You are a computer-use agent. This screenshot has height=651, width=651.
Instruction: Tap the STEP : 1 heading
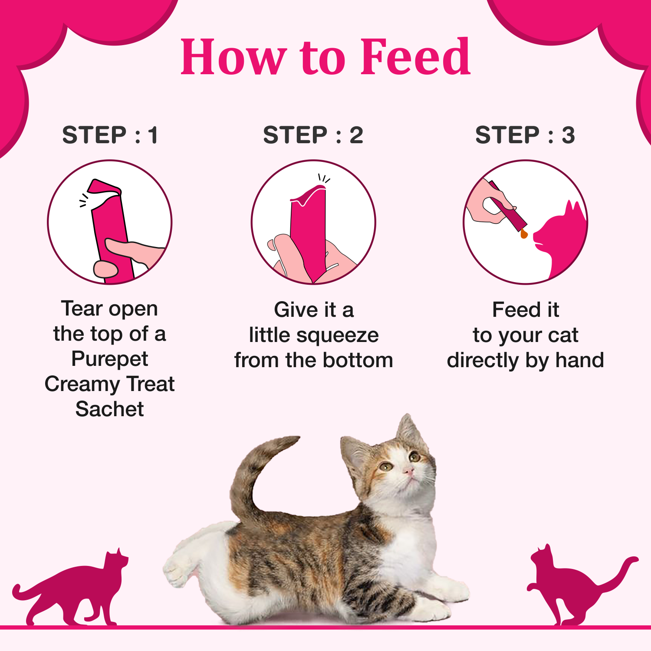110,135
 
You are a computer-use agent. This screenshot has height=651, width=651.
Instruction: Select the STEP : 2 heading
313,135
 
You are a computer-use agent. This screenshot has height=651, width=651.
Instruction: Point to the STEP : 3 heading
525,135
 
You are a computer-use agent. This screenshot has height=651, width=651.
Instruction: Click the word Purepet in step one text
110,359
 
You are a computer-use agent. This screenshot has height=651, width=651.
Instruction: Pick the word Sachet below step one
110,409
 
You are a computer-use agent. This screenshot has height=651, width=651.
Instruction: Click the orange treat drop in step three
524,234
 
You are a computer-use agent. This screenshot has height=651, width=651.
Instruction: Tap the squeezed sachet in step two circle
309,230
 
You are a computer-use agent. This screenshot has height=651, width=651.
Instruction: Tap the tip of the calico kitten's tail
295,440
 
